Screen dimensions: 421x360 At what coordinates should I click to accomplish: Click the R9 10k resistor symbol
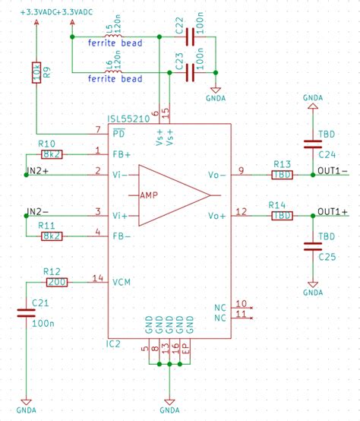[36, 74]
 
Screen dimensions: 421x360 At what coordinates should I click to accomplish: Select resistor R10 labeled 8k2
[52, 154]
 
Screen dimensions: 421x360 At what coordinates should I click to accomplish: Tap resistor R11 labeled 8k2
[52, 236]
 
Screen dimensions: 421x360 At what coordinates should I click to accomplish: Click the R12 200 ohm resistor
[56, 282]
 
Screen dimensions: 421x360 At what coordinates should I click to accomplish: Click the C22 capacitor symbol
[188, 37]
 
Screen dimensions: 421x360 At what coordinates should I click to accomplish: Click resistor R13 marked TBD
[282, 175]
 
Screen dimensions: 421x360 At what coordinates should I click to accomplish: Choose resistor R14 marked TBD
[282, 216]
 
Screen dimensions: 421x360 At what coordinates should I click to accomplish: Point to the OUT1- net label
[333, 170]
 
